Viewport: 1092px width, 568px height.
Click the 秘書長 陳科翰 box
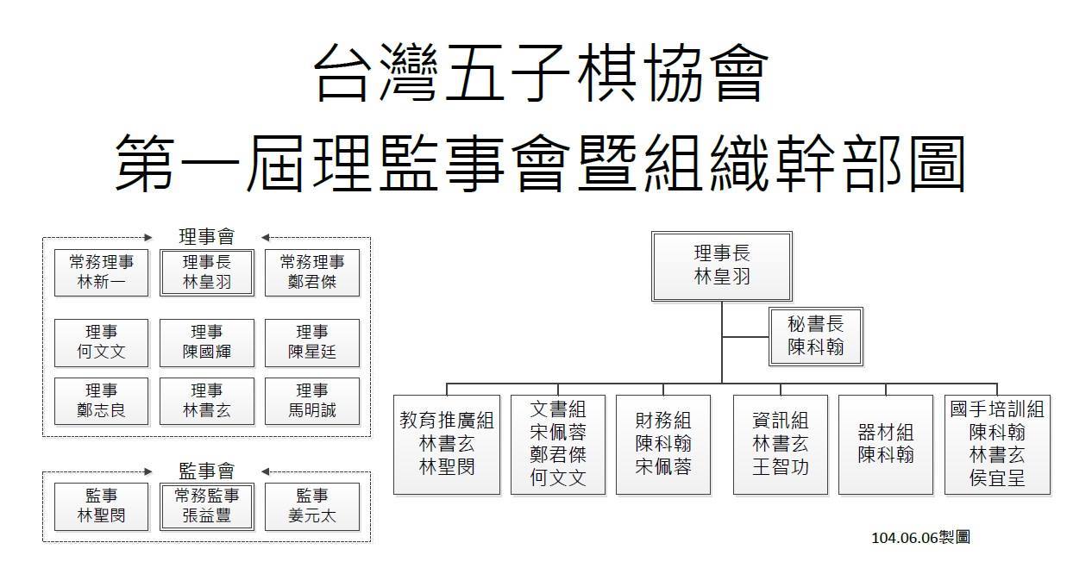(816, 336)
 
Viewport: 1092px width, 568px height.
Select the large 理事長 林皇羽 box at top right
(721, 266)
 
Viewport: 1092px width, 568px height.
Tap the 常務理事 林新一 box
(102, 273)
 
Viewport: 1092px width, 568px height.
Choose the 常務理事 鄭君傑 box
(312, 273)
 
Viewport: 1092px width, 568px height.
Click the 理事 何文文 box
(102, 343)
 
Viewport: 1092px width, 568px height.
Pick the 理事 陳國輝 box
(207, 343)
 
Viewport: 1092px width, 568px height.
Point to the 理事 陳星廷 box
(312, 343)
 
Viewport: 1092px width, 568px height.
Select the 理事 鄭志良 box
(102, 402)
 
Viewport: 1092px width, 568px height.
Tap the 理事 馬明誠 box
(312, 402)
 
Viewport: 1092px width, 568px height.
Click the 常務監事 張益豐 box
(207, 507)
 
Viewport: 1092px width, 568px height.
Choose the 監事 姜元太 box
(312, 507)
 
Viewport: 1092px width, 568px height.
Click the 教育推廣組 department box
(447, 445)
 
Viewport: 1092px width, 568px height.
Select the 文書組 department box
(558, 445)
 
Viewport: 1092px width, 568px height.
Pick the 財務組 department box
(663, 445)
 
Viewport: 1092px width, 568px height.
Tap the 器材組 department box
(885, 445)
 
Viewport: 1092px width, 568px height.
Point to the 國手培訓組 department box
(997, 445)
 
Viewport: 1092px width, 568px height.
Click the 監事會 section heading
(207, 471)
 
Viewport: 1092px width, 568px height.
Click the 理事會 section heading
(207, 237)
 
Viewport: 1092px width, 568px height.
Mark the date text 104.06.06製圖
(920, 538)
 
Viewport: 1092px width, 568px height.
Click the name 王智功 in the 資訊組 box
(780, 467)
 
